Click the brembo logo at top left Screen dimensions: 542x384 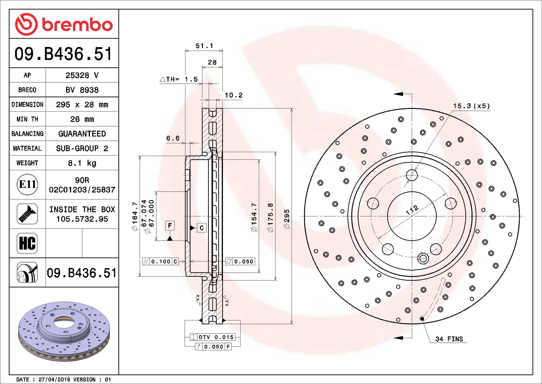64,24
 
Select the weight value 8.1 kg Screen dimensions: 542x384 82,163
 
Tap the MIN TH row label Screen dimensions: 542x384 27,119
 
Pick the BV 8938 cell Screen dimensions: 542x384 82,90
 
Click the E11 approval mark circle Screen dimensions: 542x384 27,185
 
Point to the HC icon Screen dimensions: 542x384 27,243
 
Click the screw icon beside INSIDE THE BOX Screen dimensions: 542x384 27,214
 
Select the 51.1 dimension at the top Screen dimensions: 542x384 204,46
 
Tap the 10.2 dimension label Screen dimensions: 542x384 233,95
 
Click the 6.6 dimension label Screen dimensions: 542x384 173,138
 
